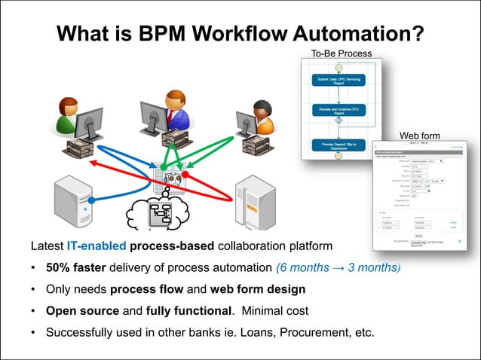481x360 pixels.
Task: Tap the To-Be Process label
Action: click(x=341, y=53)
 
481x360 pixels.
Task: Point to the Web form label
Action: click(x=419, y=136)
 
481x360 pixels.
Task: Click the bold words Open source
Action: click(x=80, y=310)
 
